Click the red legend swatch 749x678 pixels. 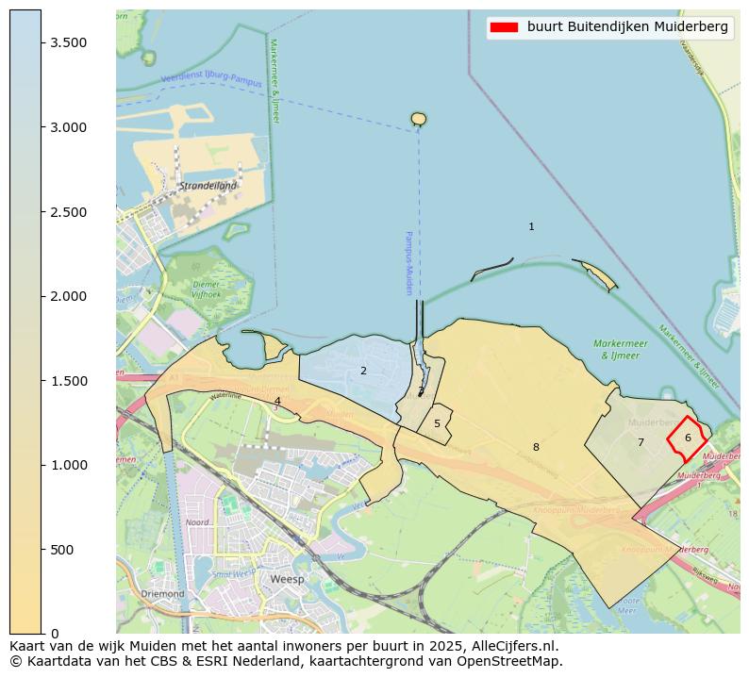pyautogui.click(x=503, y=27)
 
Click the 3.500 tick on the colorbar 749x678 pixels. pyautogui.click(x=42, y=43)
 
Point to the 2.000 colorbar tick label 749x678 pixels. pyautogui.click(x=69, y=296)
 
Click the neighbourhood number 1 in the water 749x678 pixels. pyautogui.click(x=531, y=226)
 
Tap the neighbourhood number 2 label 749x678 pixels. pyautogui.click(x=363, y=371)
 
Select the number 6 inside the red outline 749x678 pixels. pyautogui.click(x=688, y=438)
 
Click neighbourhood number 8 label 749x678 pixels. pyautogui.click(x=536, y=447)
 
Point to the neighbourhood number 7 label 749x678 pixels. pyautogui.click(x=641, y=442)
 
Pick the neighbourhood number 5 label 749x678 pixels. pyautogui.click(x=437, y=423)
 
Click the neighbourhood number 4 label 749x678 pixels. pyautogui.click(x=277, y=401)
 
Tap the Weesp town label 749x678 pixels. pyautogui.click(x=287, y=579)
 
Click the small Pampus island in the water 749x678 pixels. pyautogui.click(x=419, y=119)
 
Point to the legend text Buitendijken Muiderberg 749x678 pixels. pyautogui.click(x=627, y=27)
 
